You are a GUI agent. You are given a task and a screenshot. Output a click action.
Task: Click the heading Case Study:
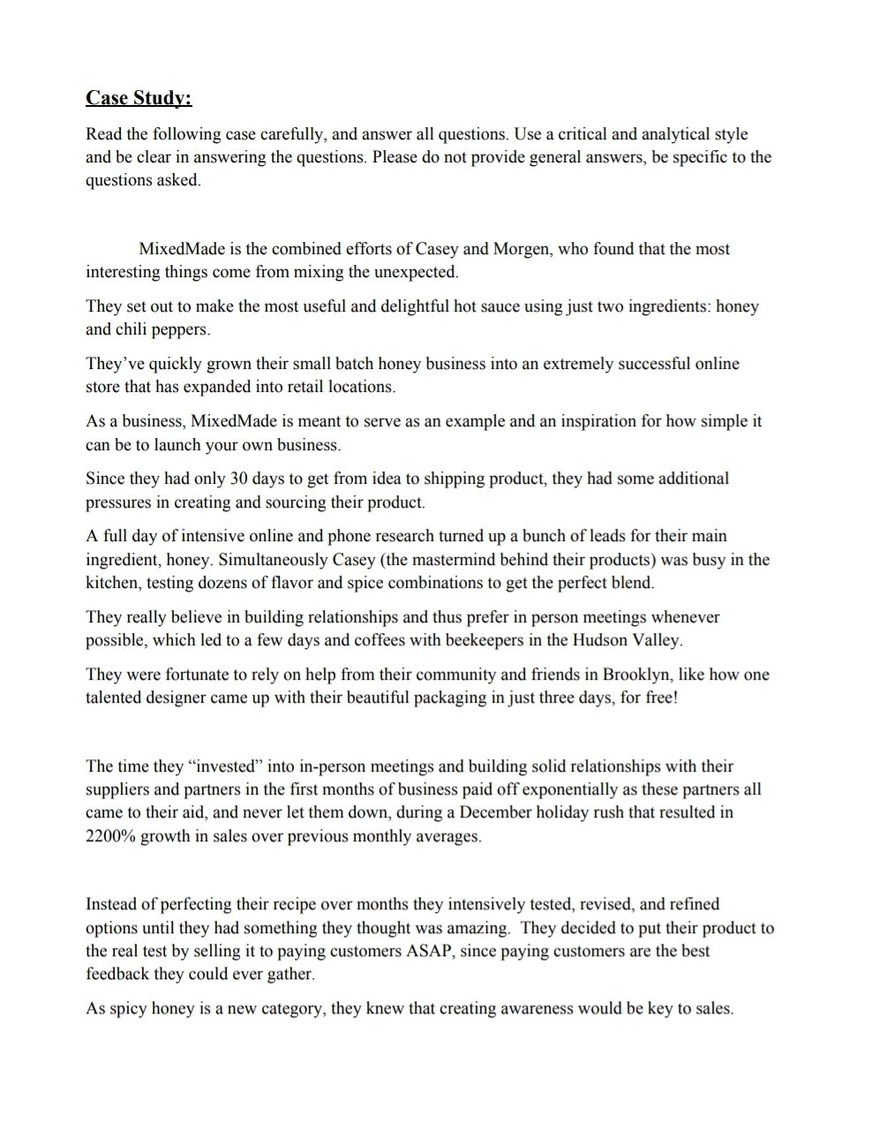(139, 98)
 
